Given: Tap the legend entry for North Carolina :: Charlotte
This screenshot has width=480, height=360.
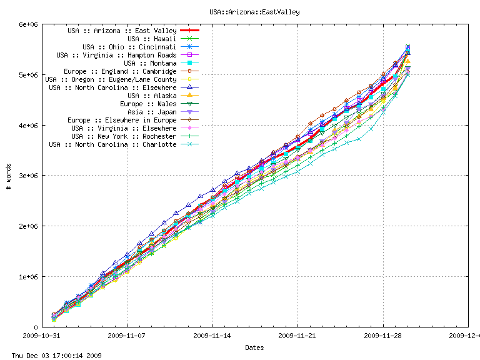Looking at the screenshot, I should tap(112, 144).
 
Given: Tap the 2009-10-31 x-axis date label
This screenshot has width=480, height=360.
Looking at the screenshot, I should tap(42, 335).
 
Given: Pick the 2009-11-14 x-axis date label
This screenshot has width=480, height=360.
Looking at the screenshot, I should tap(212, 335).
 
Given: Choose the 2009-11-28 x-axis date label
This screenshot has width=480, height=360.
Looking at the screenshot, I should tap(383, 335).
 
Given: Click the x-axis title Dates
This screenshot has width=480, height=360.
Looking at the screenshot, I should tap(254, 347).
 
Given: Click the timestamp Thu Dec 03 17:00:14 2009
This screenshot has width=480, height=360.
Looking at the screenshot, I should tap(52, 356).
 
